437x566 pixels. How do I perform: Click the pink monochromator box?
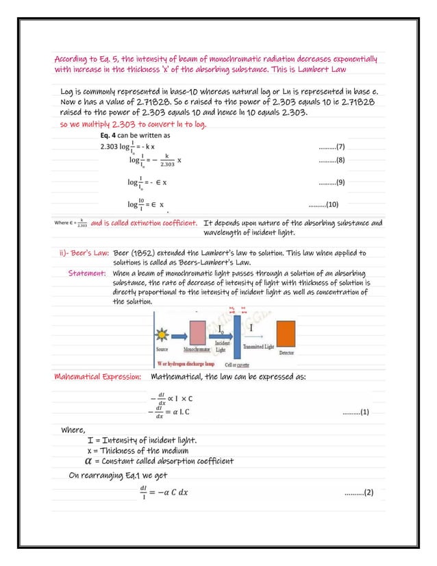197,332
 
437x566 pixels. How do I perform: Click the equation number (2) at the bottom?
359,492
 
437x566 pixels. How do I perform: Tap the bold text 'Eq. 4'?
110,136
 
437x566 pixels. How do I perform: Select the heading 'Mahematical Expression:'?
98,377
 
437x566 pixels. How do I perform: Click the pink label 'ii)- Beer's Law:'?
84,252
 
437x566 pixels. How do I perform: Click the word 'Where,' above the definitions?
73,430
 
